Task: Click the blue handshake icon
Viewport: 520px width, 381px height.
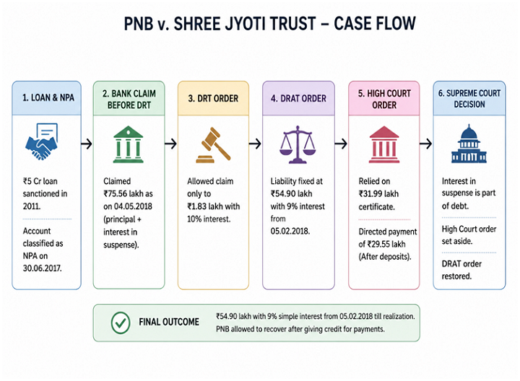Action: [x=42, y=142]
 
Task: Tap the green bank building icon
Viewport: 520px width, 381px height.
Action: [x=129, y=144]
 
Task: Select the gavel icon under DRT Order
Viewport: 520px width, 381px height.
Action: [x=213, y=145]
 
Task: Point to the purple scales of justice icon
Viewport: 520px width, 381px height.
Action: [x=298, y=144]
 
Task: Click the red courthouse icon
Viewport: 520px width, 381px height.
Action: [x=384, y=144]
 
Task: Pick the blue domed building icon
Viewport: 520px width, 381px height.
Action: [x=469, y=144]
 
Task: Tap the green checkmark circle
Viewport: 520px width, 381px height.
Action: [x=121, y=323]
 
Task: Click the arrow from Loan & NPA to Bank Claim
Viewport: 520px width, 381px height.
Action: [x=87, y=144]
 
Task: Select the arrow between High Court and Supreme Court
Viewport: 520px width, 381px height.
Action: [x=426, y=144]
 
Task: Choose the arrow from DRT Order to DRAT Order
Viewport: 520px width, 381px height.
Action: [x=256, y=144]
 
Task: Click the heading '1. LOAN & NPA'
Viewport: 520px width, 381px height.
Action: [x=48, y=97]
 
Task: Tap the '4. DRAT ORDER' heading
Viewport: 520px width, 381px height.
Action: [x=298, y=98]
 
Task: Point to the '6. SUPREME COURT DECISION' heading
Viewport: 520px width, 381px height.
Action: [x=469, y=99]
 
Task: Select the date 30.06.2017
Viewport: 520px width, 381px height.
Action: [x=42, y=268]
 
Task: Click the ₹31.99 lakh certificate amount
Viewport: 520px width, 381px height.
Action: [x=378, y=194]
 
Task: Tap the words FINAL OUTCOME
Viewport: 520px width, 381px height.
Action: [x=169, y=322]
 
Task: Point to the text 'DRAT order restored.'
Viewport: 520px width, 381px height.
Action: [x=461, y=270]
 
